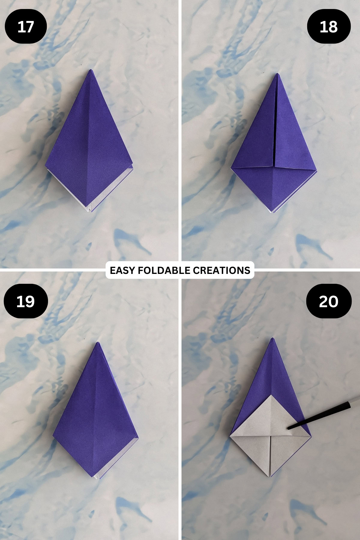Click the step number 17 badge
[x=26, y=27]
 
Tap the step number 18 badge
[x=329, y=27]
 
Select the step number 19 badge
[x=26, y=301]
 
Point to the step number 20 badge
[x=329, y=301]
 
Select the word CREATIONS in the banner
[x=221, y=270]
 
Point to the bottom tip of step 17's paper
[x=90, y=212]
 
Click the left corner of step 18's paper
[x=231, y=168]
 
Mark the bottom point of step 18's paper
[x=273, y=212]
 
